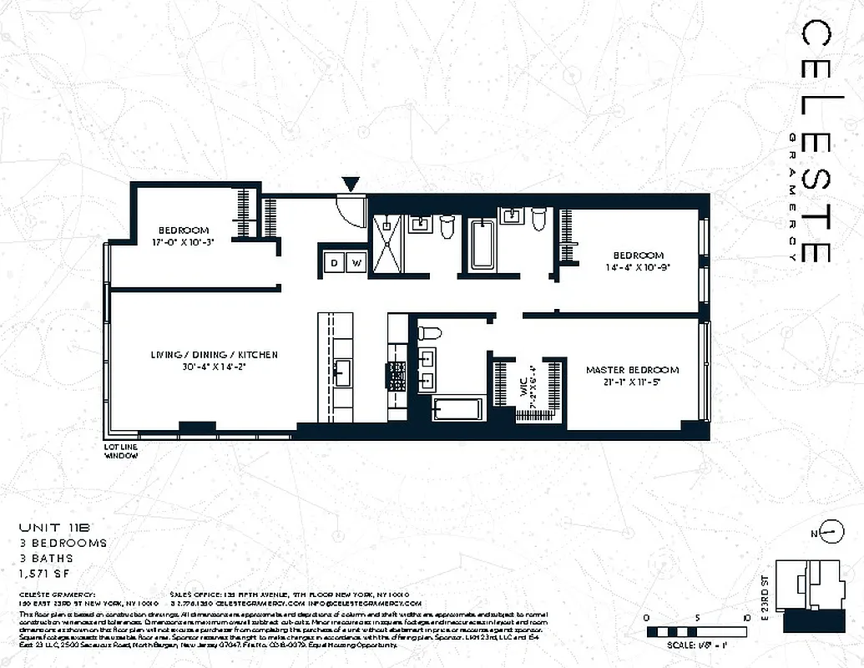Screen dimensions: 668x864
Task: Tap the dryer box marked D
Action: point(335,263)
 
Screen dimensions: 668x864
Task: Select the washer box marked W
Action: point(356,263)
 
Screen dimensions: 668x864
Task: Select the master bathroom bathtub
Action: point(457,410)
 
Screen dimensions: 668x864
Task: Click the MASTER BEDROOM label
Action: point(632,370)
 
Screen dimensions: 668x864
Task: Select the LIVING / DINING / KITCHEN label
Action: point(215,355)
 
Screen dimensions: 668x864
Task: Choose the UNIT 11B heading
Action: point(52,528)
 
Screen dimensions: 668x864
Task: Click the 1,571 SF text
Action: point(46,573)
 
